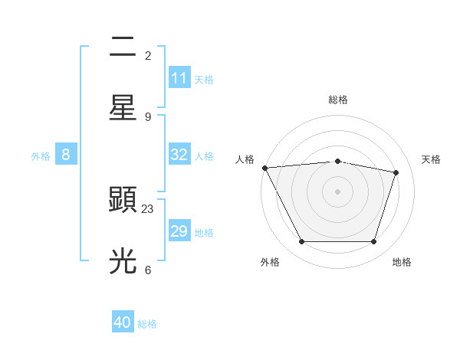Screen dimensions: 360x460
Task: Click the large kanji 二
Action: click(123, 47)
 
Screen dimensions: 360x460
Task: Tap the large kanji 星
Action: click(123, 108)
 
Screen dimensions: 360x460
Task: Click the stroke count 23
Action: click(148, 208)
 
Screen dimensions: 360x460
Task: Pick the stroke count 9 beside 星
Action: click(148, 116)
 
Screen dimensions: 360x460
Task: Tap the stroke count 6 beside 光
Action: click(148, 270)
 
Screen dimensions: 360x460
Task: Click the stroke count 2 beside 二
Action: click(148, 55)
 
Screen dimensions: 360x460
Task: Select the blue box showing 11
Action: click(179, 78)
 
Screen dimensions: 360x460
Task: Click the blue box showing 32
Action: click(179, 155)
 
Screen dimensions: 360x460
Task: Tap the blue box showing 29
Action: click(179, 231)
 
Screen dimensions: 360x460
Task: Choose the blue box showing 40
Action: click(123, 322)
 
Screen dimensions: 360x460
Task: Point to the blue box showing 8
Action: click(66, 155)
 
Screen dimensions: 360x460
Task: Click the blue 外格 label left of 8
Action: click(41, 155)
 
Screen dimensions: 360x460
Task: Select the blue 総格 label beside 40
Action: click(147, 324)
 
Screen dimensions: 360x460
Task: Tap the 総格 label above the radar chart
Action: click(338, 100)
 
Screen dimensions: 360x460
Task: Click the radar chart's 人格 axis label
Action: click(245, 159)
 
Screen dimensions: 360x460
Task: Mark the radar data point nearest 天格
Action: click(396, 172)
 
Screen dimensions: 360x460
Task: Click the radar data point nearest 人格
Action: click(264, 168)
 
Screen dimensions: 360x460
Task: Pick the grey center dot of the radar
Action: click(338, 191)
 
